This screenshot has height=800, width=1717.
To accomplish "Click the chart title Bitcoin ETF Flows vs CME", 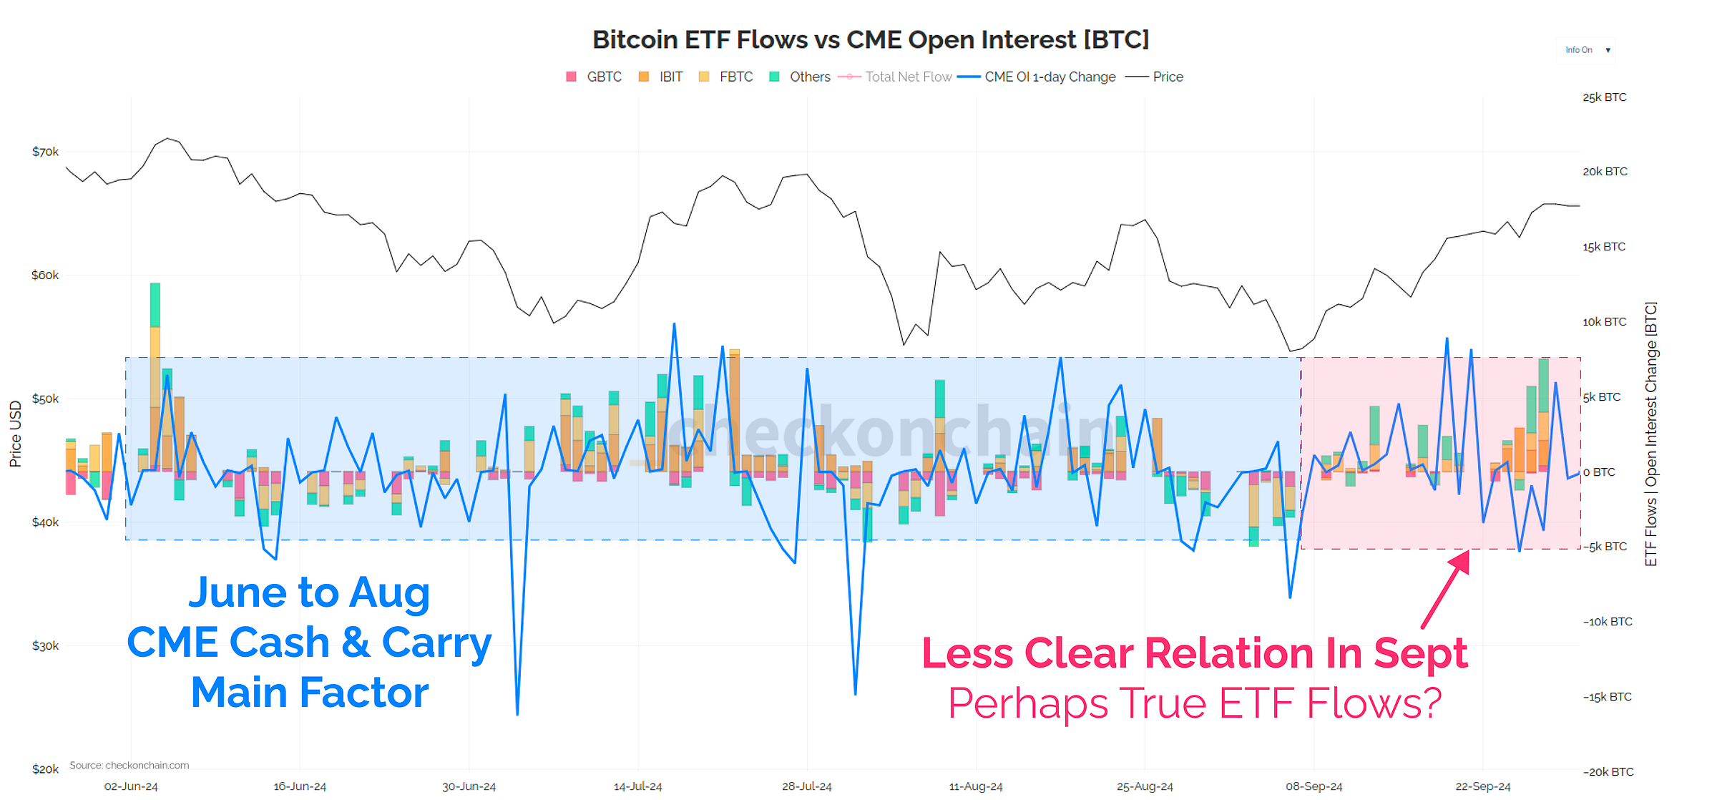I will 870,39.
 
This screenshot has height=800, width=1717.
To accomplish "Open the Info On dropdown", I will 1586,50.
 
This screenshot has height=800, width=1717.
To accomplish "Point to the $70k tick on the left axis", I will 45,152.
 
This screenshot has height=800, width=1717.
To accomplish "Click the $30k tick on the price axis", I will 45,645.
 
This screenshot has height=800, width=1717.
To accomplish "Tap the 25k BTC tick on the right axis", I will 1604,97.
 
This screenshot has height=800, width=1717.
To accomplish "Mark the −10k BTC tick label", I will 1608,622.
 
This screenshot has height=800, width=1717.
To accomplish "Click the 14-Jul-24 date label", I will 637,786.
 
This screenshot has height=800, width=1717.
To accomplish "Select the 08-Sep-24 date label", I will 1314,786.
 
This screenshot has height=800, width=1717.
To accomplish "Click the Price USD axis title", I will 15,434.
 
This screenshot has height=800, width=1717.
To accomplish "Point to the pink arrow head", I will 1462,560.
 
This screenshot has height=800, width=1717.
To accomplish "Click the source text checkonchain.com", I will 129,765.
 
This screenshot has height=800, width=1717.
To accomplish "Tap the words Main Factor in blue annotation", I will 309,693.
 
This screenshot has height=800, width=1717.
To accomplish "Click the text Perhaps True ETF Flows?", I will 1195,703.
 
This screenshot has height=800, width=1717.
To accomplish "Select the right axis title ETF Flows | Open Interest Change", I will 1650,434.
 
